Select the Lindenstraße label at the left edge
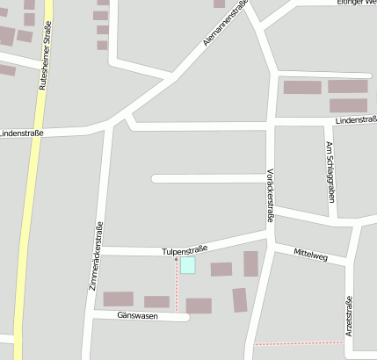[19, 133]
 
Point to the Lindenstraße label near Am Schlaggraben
[355, 119]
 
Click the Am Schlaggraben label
[330, 172]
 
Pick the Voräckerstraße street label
[271, 194]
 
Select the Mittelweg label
[311, 256]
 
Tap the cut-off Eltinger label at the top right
[356, 3]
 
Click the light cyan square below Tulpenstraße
[187, 265]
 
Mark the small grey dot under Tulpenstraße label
[176, 259]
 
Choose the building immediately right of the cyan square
[221, 269]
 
